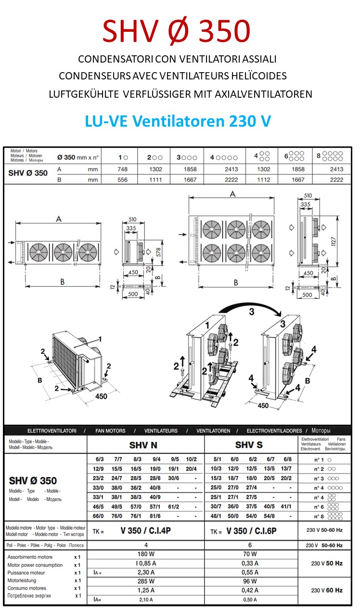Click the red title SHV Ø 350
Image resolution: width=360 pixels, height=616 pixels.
tap(176, 32)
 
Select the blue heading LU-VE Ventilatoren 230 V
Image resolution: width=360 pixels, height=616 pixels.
tap(178, 121)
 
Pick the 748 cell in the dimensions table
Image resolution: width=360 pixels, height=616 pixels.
tap(123, 169)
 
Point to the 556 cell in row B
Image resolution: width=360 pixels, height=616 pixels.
tap(123, 180)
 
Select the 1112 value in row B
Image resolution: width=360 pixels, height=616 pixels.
tap(264, 180)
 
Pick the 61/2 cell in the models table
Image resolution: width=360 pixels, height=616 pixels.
tap(173, 506)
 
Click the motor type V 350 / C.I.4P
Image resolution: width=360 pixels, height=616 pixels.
tap(145, 532)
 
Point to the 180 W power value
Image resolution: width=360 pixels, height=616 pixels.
tap(145, 554)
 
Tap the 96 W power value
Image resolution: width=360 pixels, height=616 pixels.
tap(250, 581)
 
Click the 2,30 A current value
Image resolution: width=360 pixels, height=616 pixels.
tap(145, 572)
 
